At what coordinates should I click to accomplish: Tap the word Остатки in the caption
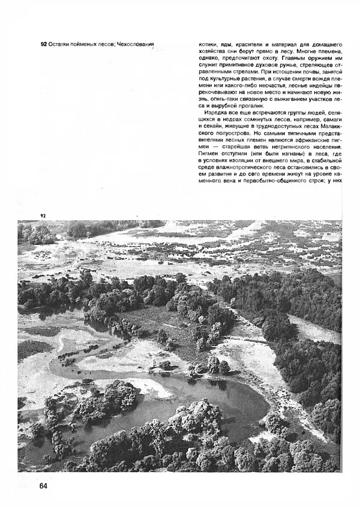pyautogui.click(x=62, y=44)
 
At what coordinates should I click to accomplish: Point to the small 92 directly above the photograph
pyautogui.click(x=43, y=216)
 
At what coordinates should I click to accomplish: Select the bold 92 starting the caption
pyautogui.click(x=44, y=44)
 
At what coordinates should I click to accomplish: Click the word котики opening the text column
pyautogui.click(x=209, y=44)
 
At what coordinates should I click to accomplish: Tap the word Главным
pyautogui.click(x=307, y=53)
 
